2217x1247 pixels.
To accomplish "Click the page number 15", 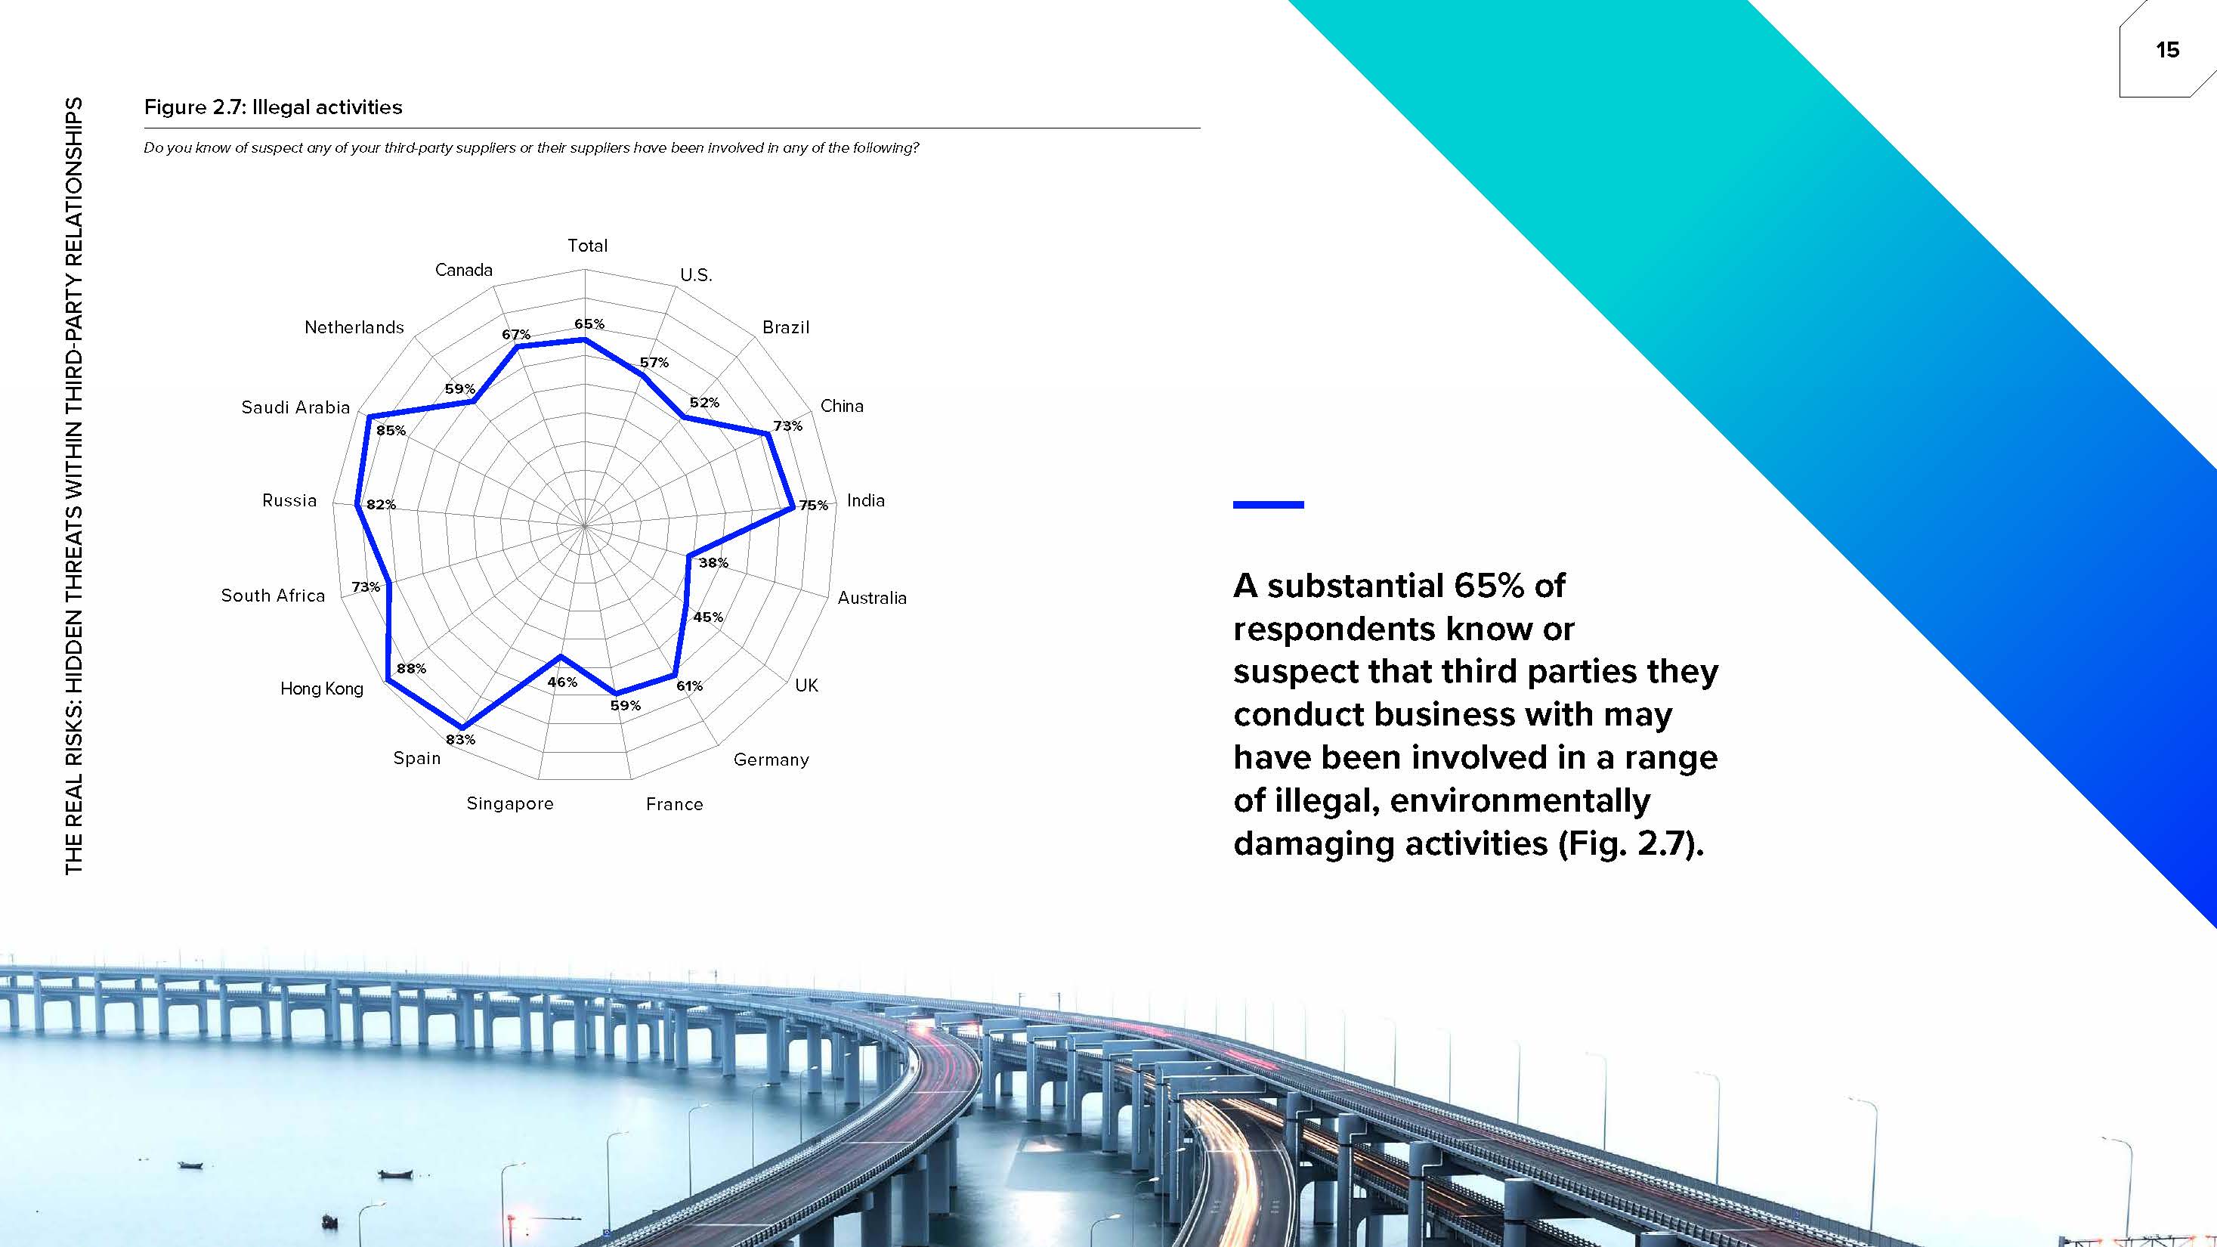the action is point(2167,50).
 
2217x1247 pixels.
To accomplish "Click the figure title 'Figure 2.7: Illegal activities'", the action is point(273,107).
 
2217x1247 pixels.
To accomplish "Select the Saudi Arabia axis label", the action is point(295,407).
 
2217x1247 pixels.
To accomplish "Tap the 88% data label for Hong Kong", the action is point(411,668).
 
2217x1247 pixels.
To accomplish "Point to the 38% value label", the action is point(713,563).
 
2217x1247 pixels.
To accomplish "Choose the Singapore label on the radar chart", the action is point(509,804).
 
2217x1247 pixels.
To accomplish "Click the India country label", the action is point(866,500).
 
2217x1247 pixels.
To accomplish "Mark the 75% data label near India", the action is point(813,505).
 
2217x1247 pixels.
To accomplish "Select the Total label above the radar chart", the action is point(587,246).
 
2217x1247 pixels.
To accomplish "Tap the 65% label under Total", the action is point(589,323).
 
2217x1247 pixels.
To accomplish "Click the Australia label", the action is point(872,598).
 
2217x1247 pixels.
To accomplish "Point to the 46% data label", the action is point(562,682).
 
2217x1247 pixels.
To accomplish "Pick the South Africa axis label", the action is point(273,596).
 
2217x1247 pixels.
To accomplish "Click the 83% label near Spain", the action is point(460,739).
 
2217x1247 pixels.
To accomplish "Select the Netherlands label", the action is point(354,327).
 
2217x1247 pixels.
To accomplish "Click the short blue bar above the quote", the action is point(1268,505).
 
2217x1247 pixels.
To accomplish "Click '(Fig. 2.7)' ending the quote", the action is point(1630,843).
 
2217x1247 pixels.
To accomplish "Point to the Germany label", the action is point(771,760).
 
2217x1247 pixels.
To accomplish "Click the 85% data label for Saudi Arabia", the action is point(391,430).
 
